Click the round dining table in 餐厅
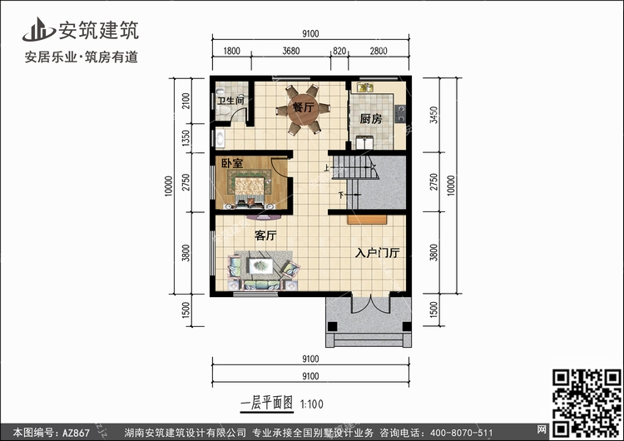[303, 110]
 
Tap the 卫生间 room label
[230, 101]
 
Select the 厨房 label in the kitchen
[371, 119]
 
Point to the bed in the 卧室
[250, 191]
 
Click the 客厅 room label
[265, 235]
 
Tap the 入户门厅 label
[377, 253]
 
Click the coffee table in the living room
[261, 266]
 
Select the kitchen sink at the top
[365, 87]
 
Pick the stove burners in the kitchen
[400, 114]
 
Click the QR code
[587, 403]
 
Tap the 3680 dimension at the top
[291, 51]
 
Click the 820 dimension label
[339, 51]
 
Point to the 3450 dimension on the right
[433, 115]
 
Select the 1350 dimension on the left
[186, 138]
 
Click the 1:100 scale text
[312, 404]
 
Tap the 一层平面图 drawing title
[267, 404]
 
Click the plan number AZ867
[76, 432]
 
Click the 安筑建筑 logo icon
[38, 29]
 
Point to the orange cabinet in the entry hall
[367, 220]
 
